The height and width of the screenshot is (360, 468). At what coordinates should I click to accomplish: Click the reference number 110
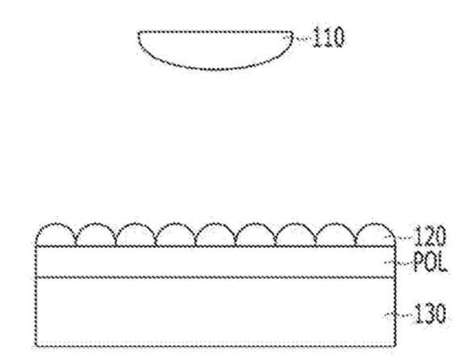(x=328, y=37)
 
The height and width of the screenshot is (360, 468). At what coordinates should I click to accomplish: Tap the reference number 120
(x=430, y=236)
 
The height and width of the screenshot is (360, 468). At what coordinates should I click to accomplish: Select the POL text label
(x=430, y=262)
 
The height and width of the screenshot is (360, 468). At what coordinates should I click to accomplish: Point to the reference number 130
(x=430, y=313)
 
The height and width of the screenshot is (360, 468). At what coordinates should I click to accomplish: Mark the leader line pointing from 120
(x=398, y=238)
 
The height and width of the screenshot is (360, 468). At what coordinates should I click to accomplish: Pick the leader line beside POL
(x=398, y=262)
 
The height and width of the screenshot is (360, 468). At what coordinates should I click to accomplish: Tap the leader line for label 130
(x=398, y=315)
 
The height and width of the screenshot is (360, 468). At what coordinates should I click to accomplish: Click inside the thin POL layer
(x=215, y=262)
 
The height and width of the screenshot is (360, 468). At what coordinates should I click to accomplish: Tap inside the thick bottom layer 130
(x=215, y=312)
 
